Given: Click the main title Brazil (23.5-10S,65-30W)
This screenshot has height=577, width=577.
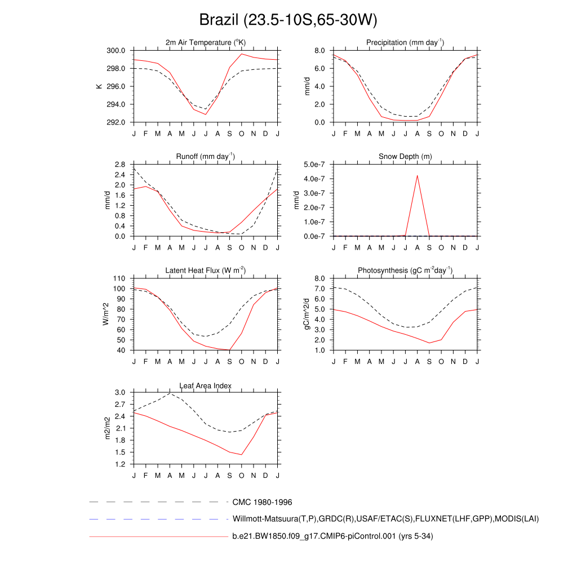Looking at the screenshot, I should click(288, 20).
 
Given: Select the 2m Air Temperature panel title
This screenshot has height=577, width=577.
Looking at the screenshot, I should click(206, 43).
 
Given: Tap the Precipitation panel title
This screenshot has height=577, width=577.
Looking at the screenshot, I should click(405, 43).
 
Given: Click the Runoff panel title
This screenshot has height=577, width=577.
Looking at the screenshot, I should click(206, 157).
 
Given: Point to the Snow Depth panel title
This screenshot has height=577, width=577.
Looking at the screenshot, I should click(405, 157).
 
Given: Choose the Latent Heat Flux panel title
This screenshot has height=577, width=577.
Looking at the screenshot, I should click(206, 270).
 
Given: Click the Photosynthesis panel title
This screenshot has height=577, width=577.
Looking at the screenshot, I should click(405, 270).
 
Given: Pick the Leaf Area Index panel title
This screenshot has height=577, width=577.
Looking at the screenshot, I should click(206, 386).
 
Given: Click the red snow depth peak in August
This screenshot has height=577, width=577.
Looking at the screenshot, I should click(418, 175).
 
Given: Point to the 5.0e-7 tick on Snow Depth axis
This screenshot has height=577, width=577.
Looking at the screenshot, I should click(315, 165).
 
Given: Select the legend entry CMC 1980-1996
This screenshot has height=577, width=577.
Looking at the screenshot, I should click(262, 501).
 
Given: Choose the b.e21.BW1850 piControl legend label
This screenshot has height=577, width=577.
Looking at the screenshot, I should click(332, 536).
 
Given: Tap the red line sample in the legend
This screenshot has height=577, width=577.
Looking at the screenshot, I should click(158, 537).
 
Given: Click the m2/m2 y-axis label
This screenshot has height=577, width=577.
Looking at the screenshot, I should click(108, 428).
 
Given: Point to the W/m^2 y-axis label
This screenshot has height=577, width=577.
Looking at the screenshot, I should click(106, 314).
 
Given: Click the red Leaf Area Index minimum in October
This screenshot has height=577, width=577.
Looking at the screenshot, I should click(242, 455).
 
